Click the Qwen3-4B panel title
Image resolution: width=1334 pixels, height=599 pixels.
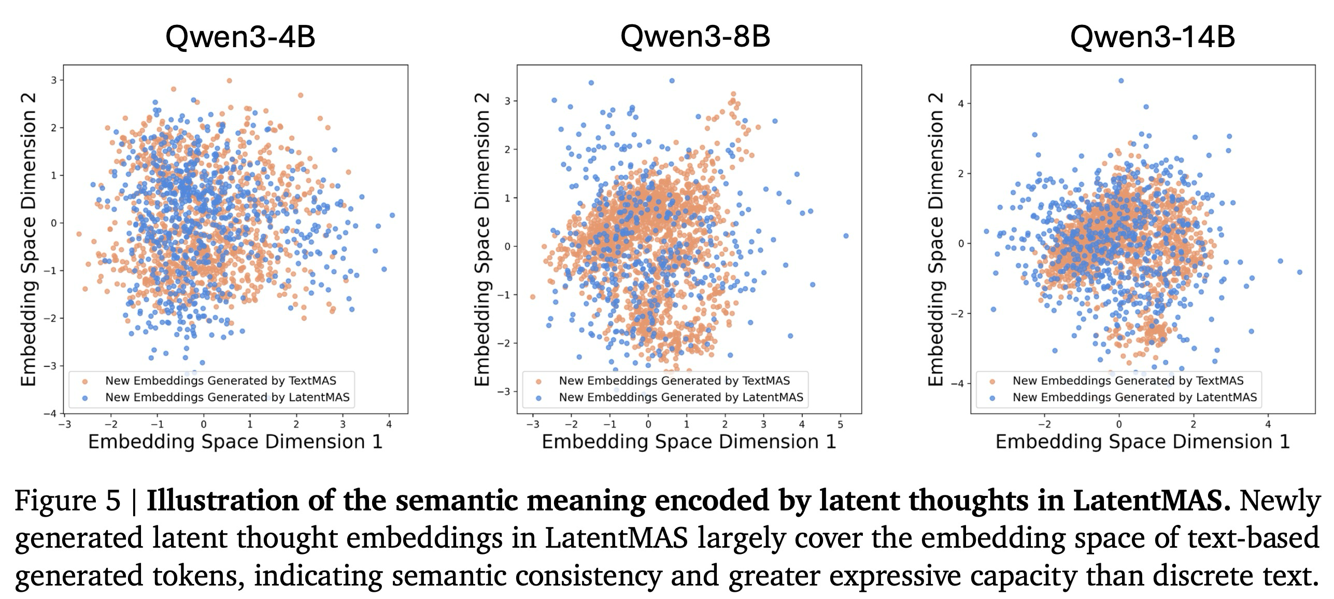(240, 37)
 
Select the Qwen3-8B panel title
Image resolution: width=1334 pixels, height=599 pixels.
(695, 37)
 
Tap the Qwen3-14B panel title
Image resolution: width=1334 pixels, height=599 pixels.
(1152, 37)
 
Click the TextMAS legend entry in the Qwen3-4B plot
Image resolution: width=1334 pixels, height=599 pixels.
(220, 381)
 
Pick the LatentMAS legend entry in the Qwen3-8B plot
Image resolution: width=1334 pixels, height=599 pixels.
(680, 397)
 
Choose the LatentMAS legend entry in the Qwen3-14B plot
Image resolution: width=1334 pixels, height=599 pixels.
(1134, 397)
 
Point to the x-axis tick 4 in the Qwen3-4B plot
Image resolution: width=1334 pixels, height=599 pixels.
(389, 424)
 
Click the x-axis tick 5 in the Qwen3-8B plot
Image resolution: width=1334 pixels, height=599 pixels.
(841, 424)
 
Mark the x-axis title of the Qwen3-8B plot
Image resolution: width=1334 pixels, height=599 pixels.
(689, 442)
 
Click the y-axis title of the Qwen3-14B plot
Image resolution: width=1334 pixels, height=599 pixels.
(935, 239)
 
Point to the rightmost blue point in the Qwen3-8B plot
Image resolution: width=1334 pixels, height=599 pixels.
(846, 236)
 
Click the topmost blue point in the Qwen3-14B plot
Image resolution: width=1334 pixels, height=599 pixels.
(1120, 81)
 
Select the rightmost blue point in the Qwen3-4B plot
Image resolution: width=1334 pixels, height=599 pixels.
(392, 215)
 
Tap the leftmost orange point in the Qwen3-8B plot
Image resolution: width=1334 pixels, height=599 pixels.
(532, 297)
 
